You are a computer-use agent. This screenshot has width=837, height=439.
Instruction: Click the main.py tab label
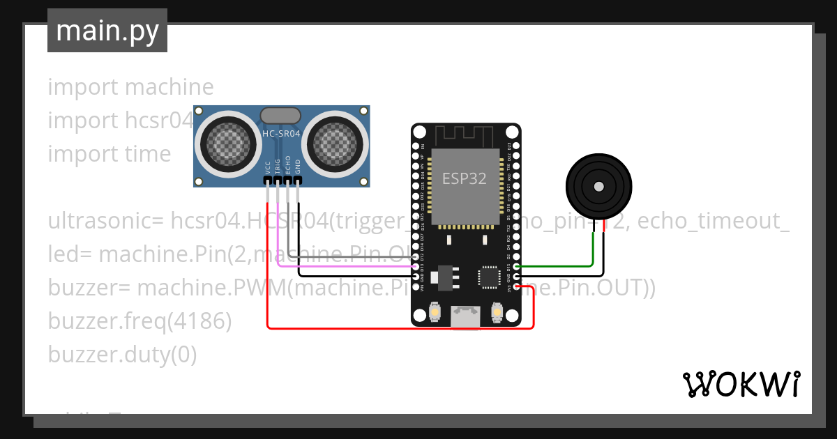107,31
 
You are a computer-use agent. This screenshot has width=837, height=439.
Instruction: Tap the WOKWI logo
741,384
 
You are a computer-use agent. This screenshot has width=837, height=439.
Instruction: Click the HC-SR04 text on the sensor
281,133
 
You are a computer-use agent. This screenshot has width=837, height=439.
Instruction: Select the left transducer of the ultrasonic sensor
226,144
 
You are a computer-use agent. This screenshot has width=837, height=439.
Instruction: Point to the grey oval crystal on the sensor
280,115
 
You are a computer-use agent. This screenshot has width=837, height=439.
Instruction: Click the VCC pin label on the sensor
268,168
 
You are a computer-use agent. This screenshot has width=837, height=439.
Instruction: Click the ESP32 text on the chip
464,178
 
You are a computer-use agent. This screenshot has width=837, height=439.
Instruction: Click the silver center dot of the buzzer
598,187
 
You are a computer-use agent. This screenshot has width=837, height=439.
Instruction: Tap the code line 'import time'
110,154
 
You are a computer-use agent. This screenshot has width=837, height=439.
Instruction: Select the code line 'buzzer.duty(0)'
122,355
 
